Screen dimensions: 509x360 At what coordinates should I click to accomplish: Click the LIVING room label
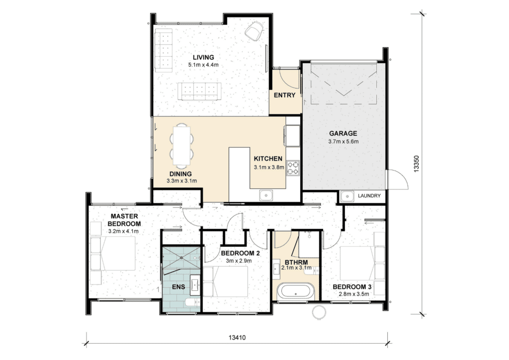[203, 58]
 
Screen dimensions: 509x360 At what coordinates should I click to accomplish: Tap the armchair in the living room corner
[254, 31]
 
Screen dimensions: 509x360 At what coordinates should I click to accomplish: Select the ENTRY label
[284, 95]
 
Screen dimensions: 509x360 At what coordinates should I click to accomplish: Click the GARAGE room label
[343, 133]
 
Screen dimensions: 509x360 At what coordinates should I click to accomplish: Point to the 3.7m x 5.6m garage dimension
[343, 142]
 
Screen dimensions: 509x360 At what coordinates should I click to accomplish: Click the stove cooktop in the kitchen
[293, 168]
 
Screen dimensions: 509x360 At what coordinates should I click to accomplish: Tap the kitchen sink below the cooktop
[266, 195]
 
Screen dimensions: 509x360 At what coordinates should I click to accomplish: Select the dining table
[182, 145]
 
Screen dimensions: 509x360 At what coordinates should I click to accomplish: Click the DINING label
[180, 174]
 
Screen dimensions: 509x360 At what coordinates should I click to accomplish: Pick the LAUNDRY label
[369, 196]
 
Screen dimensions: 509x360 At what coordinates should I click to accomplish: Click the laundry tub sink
[347, 196]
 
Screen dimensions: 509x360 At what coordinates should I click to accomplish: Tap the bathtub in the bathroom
[296, 291]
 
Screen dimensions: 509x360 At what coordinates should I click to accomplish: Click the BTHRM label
[296, 262]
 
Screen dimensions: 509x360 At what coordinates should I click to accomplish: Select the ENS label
[178, 286]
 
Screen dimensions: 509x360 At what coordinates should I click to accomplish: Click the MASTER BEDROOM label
[124, 220]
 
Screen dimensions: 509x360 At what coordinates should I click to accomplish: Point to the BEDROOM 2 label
[240, 253]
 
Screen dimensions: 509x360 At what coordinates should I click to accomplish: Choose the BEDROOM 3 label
[352, 287]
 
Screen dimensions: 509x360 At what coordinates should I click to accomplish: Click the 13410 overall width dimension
[237, 338]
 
